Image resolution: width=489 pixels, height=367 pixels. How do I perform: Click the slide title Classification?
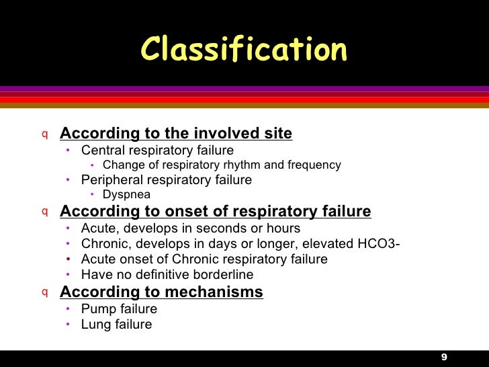point(244,49)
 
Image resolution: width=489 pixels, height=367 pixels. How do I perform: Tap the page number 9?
point(444,356)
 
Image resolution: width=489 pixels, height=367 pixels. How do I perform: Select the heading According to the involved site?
point(176,133)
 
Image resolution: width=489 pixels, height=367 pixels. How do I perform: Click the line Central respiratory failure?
point(157,150)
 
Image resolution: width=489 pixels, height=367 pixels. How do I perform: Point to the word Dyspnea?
point(126,195)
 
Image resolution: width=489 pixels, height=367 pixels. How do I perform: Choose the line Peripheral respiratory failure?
point(167,180)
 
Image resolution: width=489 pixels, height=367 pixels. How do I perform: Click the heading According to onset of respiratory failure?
point(215,212)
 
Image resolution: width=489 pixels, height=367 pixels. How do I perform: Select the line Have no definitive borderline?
point(167,274)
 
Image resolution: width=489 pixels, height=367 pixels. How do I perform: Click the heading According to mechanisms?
point(161,292)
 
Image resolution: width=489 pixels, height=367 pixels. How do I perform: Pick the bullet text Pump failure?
point(119,309)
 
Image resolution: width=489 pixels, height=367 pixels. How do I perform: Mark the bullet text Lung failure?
point(116,325)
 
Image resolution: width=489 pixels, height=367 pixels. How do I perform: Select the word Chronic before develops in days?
point(104,243)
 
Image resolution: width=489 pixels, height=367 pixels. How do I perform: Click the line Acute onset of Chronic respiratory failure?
point(204,259)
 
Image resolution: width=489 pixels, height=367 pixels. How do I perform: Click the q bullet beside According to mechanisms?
point(45,292)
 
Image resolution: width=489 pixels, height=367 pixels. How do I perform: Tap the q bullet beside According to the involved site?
point(45,133)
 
